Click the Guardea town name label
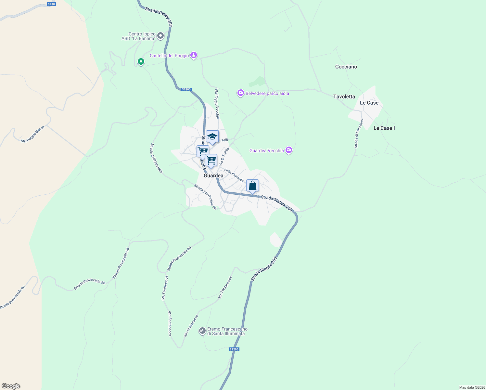tap(213, 175)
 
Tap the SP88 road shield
tap(51, 4)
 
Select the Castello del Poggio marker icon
tap(194, 55)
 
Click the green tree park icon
tap(141, 61)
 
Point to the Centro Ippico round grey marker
tap(160, 35)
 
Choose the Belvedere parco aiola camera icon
tap(240, 93)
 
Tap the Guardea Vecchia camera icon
tap(289, 150)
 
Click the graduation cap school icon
tap(212, 136)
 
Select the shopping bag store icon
tap(252, 186)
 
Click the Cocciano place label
tap(346, 67)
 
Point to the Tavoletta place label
tap(344, 97)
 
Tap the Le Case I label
tap(384, 128)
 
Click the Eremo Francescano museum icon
tap(202, 331)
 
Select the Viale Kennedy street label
tap(234, 175)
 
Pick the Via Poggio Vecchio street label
tap(217, 104)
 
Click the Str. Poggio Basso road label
tap(32, 134)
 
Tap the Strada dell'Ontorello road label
tap(156, 158)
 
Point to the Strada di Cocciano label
tap(359, 134)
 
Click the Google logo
tap(11, 386)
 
